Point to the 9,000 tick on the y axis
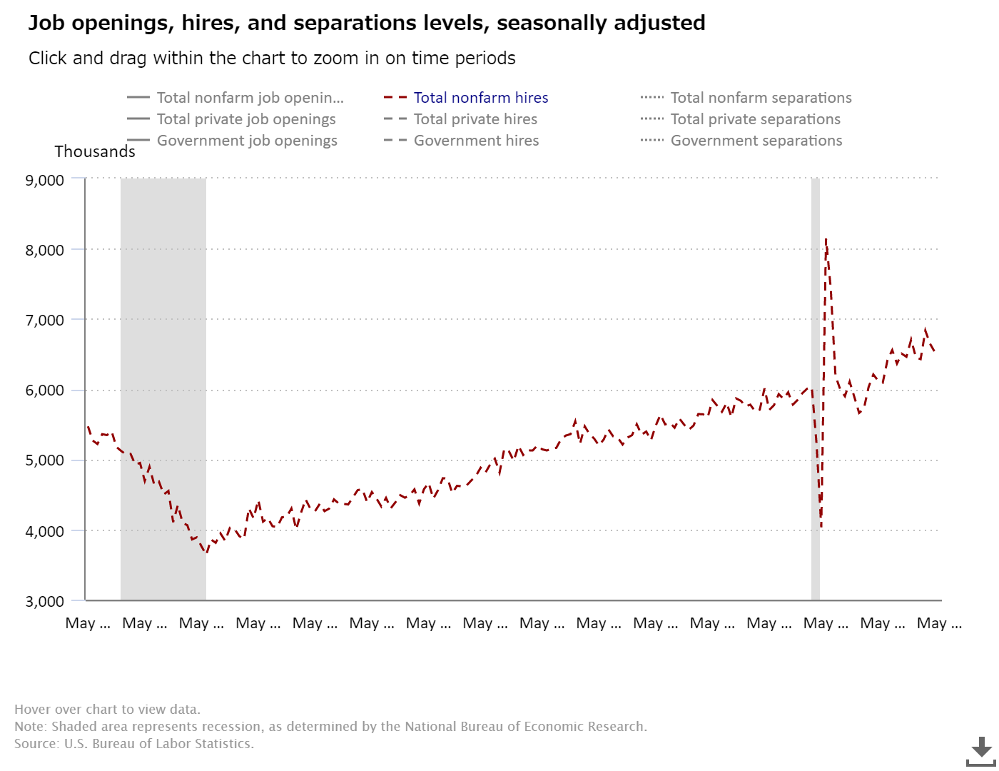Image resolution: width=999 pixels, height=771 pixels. point(45,180)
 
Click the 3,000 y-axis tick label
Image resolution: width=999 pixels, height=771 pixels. point(45,601)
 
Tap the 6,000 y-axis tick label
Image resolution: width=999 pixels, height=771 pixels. point(45,390)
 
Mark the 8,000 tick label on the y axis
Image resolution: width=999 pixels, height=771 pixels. point(45,250)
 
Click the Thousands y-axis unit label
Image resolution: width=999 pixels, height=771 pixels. point(95,151)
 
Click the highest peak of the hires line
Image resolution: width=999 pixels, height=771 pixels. point(826,240)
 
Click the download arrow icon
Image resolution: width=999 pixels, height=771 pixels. point(982,750)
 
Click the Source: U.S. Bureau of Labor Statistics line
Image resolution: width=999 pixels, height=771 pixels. point(134,743)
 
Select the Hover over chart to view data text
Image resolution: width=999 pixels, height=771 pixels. point(107,709)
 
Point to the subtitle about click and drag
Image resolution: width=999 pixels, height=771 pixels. point(272,59)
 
